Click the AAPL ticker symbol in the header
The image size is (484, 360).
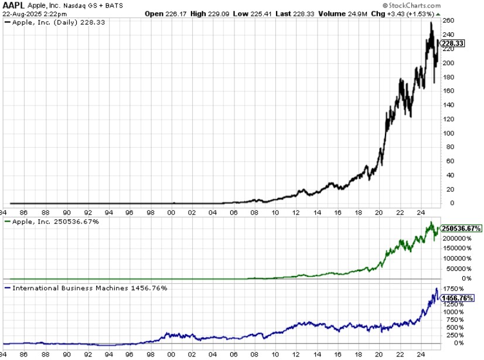(x=14, y=5)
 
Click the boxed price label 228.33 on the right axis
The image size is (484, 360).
(x=453, y=43)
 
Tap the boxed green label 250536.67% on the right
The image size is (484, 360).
(x=462, y=228)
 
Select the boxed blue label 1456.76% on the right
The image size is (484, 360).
(x=458, y=298)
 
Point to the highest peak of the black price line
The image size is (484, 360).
(x=431, y=23)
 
